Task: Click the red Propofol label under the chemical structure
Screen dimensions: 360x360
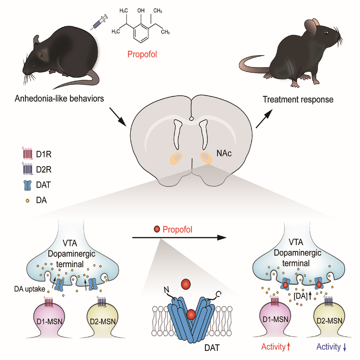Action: [142, 55]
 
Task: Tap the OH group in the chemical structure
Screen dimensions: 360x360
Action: [141, 11]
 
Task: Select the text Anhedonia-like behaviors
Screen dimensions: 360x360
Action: [59, 99]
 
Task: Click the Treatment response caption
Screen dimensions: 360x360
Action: [298, 100]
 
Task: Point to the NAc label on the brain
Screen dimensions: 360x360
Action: [224, 153]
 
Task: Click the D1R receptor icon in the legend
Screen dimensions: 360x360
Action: [27, 153]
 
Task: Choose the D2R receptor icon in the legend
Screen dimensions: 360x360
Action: [27, 169]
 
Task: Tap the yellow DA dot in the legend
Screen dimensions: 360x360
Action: [28, 201]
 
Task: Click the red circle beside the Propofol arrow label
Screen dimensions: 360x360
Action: [157, 229]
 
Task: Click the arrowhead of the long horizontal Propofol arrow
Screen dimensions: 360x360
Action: [222, 237]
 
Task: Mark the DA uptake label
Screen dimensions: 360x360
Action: [30, 289]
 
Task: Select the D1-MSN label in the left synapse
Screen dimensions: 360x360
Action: [49, 321]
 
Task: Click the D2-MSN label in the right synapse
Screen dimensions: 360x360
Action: [329, 321]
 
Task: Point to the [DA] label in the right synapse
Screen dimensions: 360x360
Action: [301, 296]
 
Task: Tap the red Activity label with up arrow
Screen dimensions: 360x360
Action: [276, 347]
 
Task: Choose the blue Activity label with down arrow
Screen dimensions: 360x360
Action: [331, 347]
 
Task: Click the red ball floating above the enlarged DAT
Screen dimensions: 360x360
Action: [186, 284]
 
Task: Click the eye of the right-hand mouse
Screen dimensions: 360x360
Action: [326, 33]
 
